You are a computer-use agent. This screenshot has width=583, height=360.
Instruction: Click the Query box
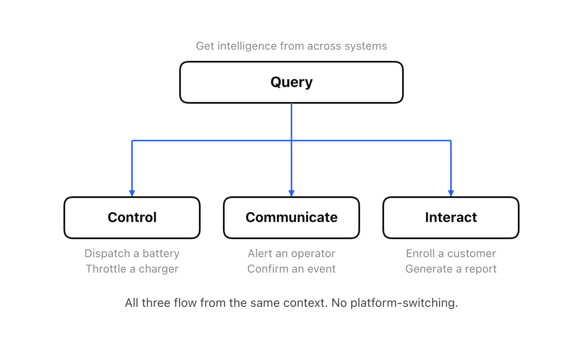[x=291, y=82]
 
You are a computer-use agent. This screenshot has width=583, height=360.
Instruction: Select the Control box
[x=132, y=218]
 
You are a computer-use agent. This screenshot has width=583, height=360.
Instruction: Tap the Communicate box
[x=291, y=218]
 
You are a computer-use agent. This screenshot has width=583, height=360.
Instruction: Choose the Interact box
[x=451, y=218]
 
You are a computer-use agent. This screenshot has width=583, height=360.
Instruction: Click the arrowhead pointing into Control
[x=132, y=193]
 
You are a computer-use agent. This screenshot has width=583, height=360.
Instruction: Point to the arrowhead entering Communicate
[x=291, y=193]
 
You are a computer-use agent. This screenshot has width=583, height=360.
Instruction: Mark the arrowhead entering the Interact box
[x=451, y=193]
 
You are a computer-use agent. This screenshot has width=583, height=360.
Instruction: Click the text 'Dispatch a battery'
[x=132, y=253]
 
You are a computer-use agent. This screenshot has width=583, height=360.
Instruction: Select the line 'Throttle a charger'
[x=132, y=269]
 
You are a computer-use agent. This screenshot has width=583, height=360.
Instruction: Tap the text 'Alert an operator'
[x=291, y=253]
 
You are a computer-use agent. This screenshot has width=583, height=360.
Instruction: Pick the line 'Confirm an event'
[x=291, y=269]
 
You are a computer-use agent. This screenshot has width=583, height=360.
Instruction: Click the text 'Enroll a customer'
[x=451, y=253]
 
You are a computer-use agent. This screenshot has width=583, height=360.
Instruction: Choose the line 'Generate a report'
[x=451, y=269]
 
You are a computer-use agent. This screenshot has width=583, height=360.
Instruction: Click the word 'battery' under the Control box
[x=161, y=253]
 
